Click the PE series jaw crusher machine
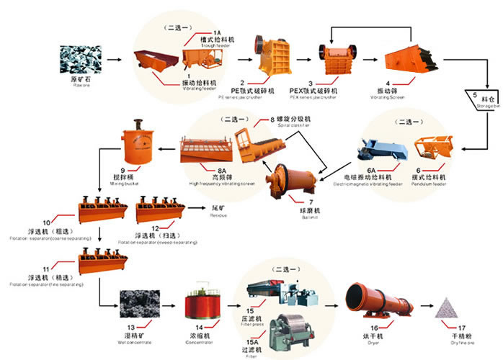pyautogui.click(x=275, y=54)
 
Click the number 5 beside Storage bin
pyautogui.click(x=475, y=96)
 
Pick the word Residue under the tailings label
pyautogui.click(x=219, y=215)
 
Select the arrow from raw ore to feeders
pyautogui.click(x=115, y=58)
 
